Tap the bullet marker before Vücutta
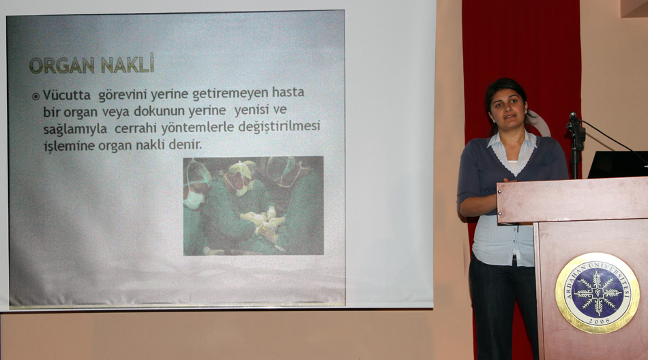(x=36, y=96)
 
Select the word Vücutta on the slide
(x=67, y=95)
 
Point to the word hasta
(x=288, y=92)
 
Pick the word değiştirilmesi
(x=280, y=126)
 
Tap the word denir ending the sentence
(x=185, y=145)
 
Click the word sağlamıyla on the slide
(x=75, y=130)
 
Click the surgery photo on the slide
(x=253, y=206)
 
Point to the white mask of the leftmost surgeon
(x=193, y=200)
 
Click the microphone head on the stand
(x=574, y=117)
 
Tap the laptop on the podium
(x=617, y=164)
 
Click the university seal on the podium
(x=597, y=293)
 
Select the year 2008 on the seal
(x=598, y=320)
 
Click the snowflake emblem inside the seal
(x=598, y=292)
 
